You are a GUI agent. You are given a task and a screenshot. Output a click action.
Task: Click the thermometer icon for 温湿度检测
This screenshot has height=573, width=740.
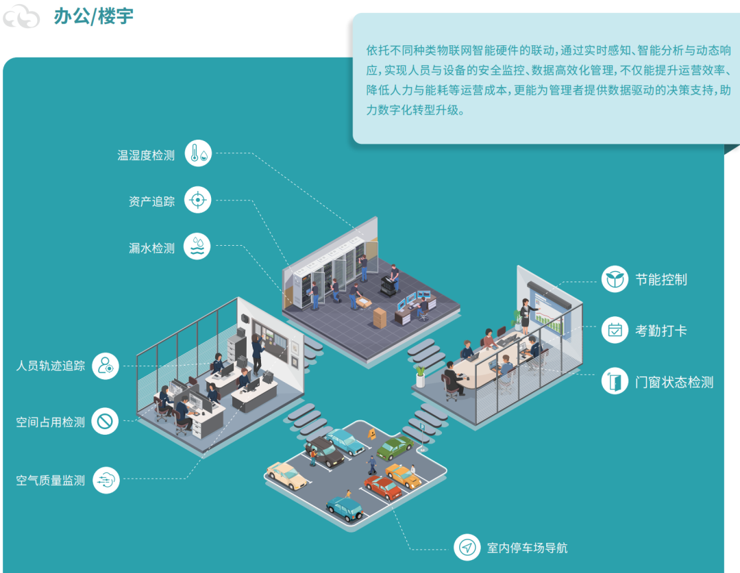point(199,154)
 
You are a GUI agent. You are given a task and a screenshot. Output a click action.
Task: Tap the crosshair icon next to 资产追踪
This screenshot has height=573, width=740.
point(198,201)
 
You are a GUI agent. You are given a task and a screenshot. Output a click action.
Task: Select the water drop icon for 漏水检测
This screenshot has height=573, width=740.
point(197,247)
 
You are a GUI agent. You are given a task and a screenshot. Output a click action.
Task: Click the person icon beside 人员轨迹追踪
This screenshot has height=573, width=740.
point(106,366)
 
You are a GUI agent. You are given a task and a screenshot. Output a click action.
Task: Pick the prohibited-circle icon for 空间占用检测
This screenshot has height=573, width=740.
point(105,422)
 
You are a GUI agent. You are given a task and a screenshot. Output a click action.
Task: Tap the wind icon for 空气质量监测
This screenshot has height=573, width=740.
point(106,480)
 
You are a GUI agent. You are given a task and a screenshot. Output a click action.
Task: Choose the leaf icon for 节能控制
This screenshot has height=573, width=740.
point(615,279)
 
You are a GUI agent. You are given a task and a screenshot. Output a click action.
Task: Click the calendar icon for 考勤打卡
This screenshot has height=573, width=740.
point(615,330)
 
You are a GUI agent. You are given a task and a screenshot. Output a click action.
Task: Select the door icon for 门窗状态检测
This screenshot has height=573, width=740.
point(615,381)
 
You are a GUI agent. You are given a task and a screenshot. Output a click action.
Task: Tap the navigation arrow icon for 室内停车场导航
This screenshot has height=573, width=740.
point(467,547)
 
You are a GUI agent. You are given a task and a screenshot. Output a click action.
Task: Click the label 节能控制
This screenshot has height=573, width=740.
point(661,279)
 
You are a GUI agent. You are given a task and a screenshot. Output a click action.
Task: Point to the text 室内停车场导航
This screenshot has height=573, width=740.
point(527,548)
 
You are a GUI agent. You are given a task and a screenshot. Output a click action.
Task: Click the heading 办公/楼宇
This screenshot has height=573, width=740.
point(93,16)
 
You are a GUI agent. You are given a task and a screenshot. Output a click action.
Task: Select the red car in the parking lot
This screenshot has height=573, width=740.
point(383,487)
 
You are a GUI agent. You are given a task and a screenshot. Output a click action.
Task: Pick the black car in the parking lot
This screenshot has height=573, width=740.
point(325,453)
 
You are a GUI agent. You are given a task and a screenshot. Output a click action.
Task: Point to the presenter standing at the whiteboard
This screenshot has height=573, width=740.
point(526,315)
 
